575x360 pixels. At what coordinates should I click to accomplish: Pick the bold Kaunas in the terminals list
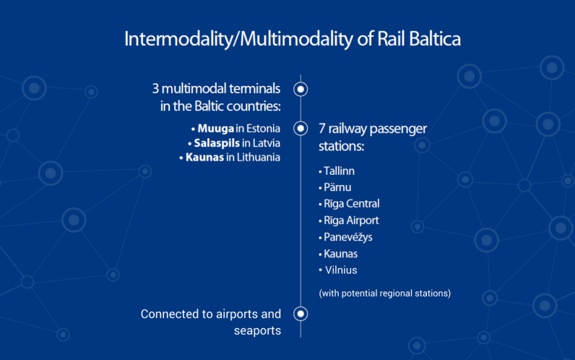(203, 157)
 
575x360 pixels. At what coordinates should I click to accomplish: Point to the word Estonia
(262, 129)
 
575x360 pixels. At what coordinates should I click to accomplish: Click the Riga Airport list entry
(350, 220)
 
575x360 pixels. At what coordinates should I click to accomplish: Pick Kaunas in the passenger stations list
(340, 254)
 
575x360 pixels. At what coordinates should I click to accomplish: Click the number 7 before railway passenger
(322, 129)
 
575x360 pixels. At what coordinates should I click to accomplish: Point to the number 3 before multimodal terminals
(155, 89)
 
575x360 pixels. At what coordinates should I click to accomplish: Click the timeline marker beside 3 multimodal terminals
(301, 89)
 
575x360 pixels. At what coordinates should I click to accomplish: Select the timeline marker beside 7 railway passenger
(301, 128)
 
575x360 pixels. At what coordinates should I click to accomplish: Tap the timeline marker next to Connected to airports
(301, 314)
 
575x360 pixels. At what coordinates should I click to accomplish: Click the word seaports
(256, 330)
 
